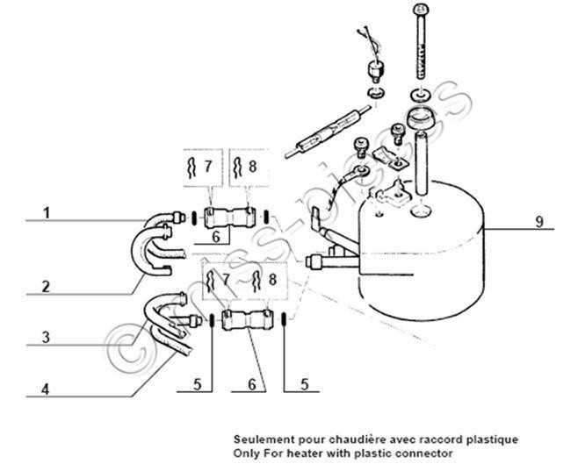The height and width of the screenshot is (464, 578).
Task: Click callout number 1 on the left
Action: (x=46, y=213)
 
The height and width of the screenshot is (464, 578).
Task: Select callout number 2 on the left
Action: (x=46, y=287)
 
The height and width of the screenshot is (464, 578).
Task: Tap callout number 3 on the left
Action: (x=46, y=337)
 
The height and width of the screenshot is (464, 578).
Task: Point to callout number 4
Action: (x=45, y=389)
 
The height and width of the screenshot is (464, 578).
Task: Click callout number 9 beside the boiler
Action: (x=539, y=222)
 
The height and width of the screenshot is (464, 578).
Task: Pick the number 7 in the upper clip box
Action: (x=208, y=167)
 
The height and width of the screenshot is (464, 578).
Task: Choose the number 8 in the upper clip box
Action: (x=252, y=167)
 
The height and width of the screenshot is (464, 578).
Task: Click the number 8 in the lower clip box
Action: (x=272, y=279)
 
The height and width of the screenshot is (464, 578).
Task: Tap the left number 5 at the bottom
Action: (x=198, y=384)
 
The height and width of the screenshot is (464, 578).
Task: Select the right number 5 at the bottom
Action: (x=305, y=384)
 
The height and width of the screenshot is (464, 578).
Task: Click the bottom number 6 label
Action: (x=252, y=384)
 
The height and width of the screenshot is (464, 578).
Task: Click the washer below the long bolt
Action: (x=420, y=95)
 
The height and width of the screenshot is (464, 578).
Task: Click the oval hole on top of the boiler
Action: (x=420, y=211)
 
